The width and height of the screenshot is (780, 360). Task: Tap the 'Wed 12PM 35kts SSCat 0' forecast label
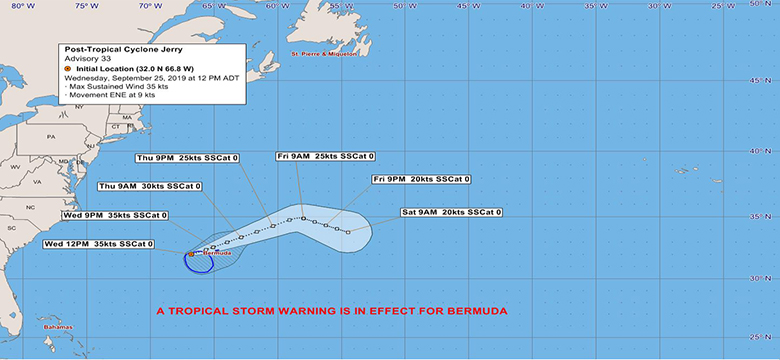pyautogui.click(x=99, y=244)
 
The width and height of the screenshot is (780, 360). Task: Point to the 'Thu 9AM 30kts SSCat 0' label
pyautogui.click(x=150, y=187)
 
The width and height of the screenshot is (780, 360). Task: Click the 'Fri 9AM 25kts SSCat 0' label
pyautogui.click(x=326, y=157)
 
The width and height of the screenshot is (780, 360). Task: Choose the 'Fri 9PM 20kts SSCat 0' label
pyautogui.click(x=420, y=180)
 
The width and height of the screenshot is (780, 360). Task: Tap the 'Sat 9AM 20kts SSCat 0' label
pyautogui.click(x=451, y=212)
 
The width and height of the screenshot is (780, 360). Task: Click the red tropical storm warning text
pyautogui.click(x=331, y=311)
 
